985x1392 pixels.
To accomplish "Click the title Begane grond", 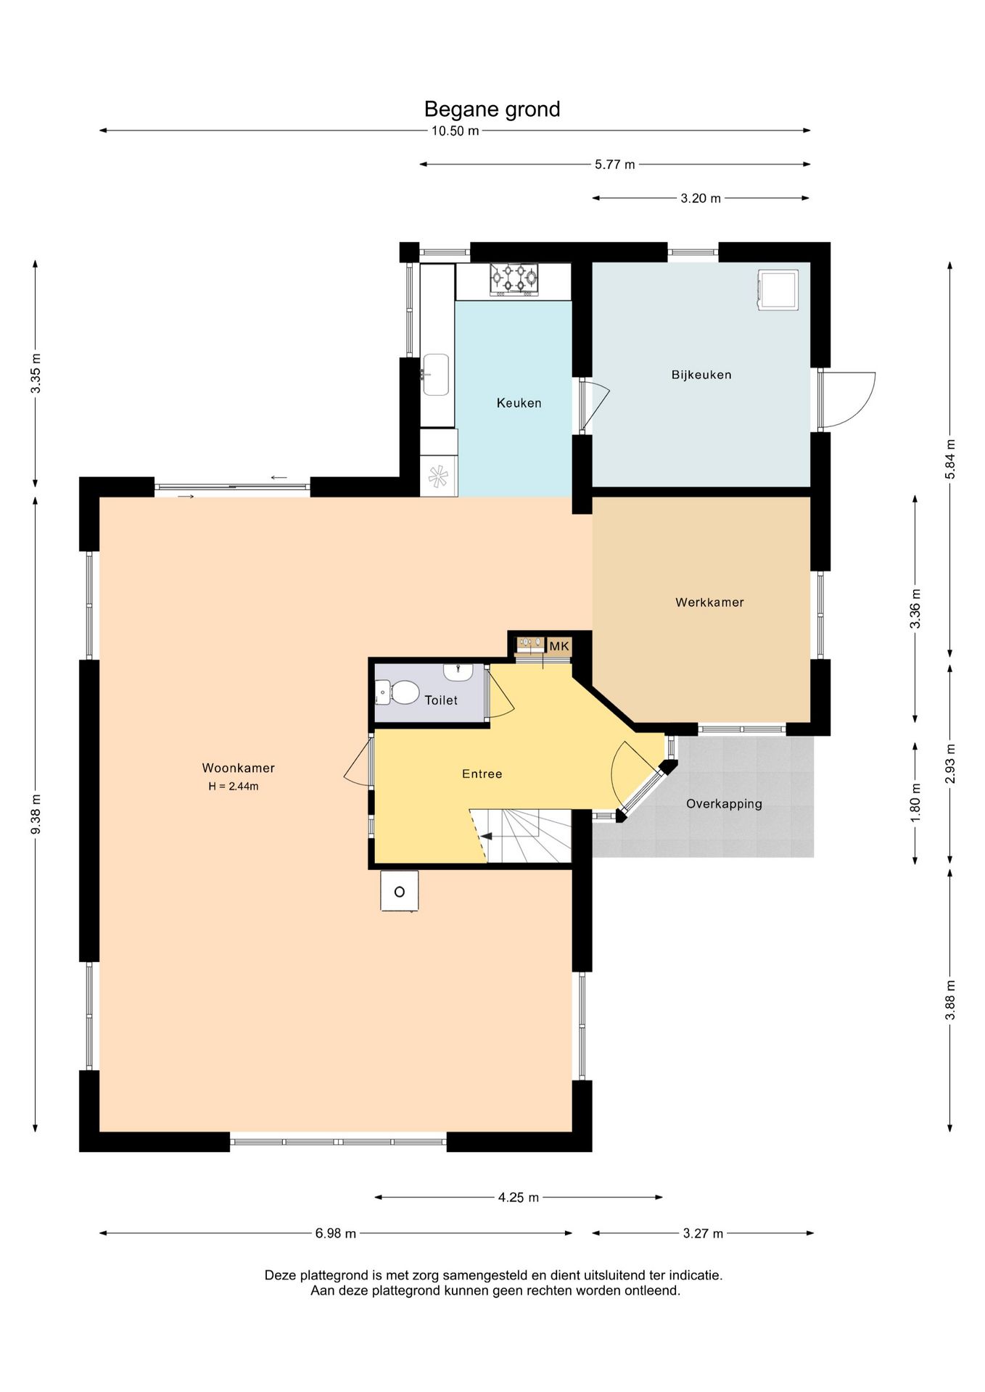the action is point(492,109).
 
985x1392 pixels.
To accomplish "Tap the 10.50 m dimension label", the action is point(455,131).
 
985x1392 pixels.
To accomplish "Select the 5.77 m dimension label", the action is point(614,165).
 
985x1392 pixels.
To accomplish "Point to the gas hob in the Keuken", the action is point(514,279).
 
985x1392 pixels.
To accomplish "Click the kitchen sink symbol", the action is point(436,374).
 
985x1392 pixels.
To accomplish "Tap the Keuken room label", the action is point(519,403).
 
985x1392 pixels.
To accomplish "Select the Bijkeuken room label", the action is point(701,375).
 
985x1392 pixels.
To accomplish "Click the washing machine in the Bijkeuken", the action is point(778,290).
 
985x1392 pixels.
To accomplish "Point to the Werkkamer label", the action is point(709,602).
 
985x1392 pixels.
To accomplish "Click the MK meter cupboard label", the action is point(559,646).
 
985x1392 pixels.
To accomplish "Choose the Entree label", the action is point(482,774).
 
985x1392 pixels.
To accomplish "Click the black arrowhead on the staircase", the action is point(487,836).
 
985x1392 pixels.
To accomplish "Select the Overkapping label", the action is point(724,803).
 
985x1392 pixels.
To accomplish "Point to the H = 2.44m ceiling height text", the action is point(234,786).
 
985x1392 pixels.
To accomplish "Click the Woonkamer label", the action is point(238,768).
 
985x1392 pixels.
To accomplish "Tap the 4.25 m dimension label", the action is point(518,1197).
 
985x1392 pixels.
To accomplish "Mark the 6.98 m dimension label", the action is point(335,1233).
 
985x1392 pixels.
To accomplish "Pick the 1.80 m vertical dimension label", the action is point(915,803).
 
